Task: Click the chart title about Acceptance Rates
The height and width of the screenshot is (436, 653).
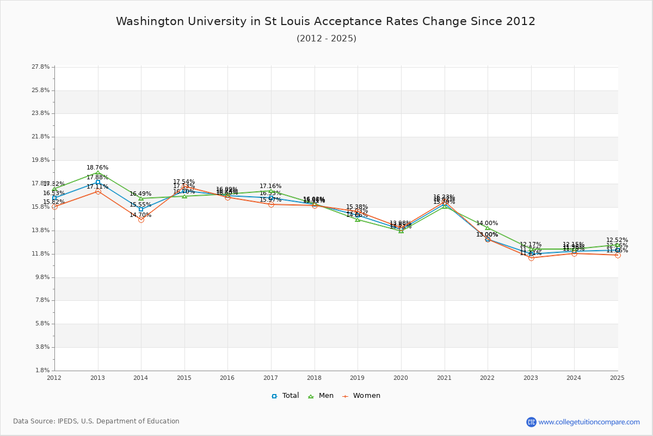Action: click(325, 21)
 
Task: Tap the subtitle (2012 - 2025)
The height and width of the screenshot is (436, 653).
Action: click(326, 38)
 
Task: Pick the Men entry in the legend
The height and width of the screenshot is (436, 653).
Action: click(322, 396)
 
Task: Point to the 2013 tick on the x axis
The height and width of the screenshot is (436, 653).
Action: click(97, 377)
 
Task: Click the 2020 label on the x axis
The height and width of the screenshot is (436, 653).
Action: click(401, 377)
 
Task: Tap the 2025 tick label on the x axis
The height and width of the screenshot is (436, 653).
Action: click(617, 377)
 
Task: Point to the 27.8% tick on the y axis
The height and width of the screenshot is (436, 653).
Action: click(41, 67)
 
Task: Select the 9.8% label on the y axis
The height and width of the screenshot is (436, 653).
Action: click(42, 277)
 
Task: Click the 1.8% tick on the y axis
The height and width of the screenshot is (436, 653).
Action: click(42, 371)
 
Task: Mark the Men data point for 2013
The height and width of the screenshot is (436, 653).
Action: click(98, 173)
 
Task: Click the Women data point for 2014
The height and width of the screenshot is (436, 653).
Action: click(141, 220)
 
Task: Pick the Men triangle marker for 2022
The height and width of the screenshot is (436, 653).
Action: click(488, 228)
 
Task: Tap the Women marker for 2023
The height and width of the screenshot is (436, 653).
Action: click(531, 258)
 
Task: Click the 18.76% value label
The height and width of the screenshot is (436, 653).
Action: click(97, 167)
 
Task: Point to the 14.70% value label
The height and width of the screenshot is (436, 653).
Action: click(140, 215)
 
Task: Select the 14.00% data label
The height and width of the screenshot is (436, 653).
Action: click(487, 223)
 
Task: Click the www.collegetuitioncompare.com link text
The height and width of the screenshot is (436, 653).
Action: click(589, 422)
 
